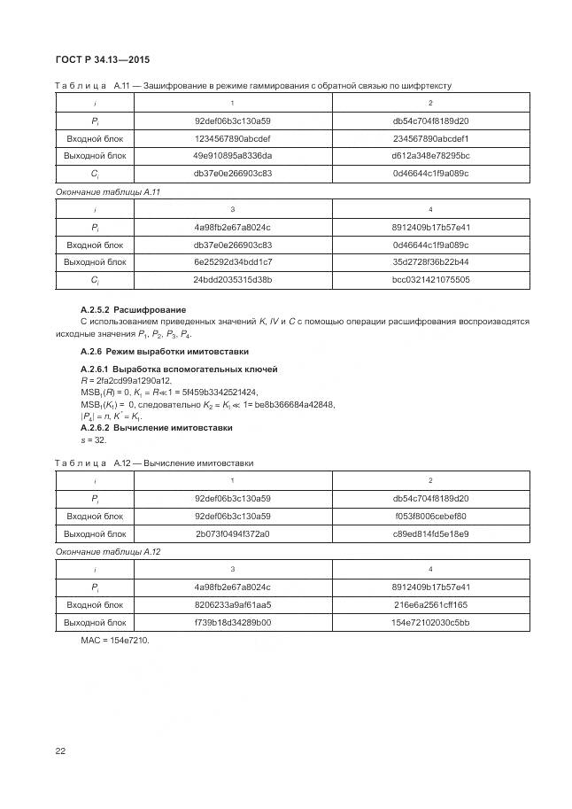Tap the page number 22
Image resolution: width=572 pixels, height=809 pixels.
click(x=60, y=751)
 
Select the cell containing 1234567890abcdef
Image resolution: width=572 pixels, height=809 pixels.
click(x=233, y=138)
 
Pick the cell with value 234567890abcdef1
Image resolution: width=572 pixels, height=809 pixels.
click(x=430, y=138)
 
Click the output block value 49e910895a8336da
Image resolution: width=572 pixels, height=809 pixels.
click(x=233, y=156)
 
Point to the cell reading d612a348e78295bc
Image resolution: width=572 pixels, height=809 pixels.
click(x=430, y=156)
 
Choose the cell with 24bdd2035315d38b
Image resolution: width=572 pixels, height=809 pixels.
click(x=233, y=279)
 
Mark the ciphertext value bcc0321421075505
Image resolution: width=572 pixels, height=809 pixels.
click(x=430, y=279)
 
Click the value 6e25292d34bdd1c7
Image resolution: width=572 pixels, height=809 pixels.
click(x=233, y=261)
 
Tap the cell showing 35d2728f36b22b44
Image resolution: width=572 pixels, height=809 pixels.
click(x=430, y=261)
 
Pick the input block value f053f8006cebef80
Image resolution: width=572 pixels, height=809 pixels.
click(x=430, y=516)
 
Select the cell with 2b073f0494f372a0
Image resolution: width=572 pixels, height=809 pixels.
click(x=233, y=533)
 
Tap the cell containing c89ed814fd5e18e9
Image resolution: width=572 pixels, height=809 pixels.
click(x=430, y=533)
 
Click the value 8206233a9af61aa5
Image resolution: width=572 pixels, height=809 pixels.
click(x=233, y=604)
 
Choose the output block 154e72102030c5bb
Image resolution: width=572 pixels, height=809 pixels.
click(x=430, y=622)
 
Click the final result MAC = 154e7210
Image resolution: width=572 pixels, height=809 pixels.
click(x=115, y=640)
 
